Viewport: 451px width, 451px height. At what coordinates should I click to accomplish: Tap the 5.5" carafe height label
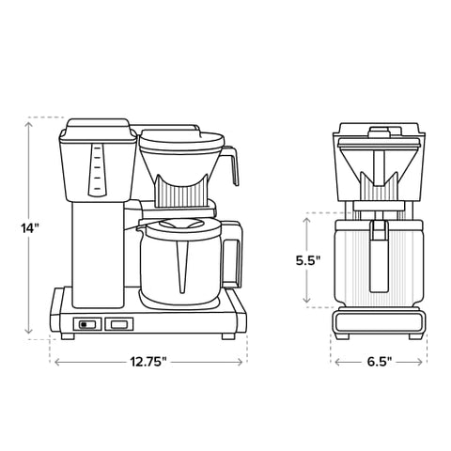[287, 259]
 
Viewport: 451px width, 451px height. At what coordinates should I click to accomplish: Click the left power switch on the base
[87, 324]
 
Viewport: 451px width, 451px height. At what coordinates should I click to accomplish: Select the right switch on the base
[117, 324]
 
